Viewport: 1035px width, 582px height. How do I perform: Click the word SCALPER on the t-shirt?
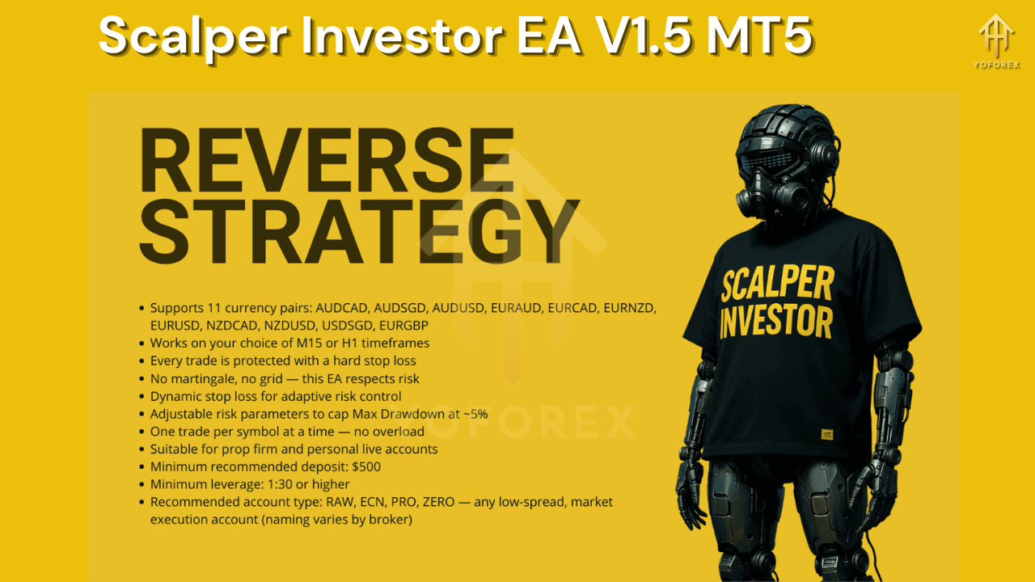tap(776, 286)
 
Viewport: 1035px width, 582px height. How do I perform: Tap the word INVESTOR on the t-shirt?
tap(775, 322)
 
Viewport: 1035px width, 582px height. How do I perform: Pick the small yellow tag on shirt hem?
tap(827, 435)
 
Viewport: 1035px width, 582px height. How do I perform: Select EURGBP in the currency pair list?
tap(402, 325)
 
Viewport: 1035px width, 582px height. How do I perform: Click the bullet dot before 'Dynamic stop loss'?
tap(142, 396)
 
